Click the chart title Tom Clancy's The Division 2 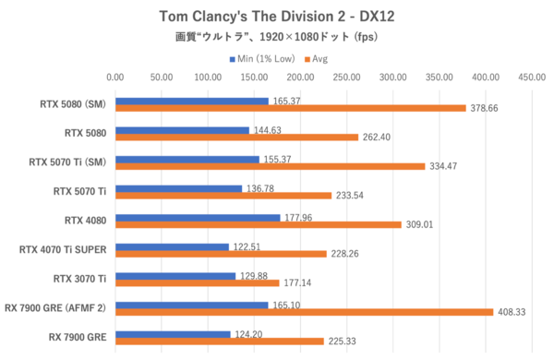(x=276, y=16)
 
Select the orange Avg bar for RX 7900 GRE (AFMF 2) (x=304, y=312)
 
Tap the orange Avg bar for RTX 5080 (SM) (x=290, y=107)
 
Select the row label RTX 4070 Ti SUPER (x=63, y=249)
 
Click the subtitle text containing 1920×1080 (x=276, y=39)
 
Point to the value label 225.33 (x=343, y=342)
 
